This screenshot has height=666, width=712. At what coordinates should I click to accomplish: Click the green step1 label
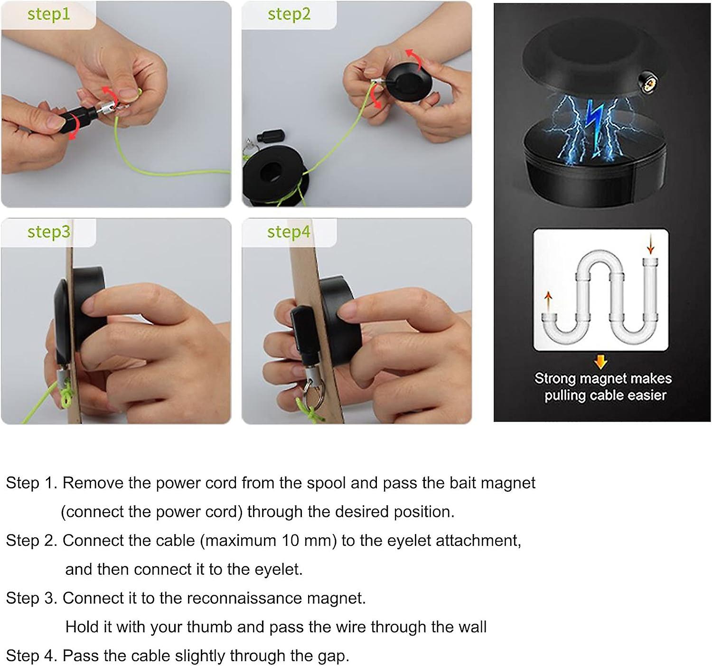(48, 14)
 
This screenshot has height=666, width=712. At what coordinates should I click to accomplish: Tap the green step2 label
(289, 14)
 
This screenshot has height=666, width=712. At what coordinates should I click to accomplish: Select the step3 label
(48, 232)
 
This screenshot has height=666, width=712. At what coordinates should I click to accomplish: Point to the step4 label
(289, 232)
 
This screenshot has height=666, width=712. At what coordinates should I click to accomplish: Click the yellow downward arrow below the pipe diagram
(601, 362)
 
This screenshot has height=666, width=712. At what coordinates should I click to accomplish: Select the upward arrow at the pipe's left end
(549, 300)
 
